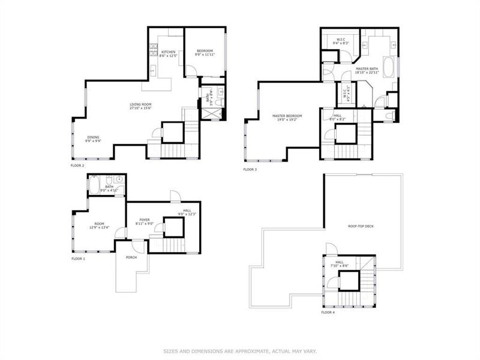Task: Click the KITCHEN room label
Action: click(168, 52)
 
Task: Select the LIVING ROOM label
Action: click(140, 104)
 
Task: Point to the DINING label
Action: click(93, 137)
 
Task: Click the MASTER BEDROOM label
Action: click(287, 116)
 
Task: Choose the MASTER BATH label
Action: click(367, 68)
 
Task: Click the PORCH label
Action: click(131, 257)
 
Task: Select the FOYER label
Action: click(145, 220)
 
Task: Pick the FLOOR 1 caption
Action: click(79, 259)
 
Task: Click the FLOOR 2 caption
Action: click(78, 165)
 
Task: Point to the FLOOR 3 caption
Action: click(250, 170)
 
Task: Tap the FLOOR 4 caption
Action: click(328, 313)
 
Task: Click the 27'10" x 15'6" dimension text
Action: click(140, 108)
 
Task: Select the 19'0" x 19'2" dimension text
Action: click(287, 120)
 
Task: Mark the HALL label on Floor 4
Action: click(340, 262)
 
